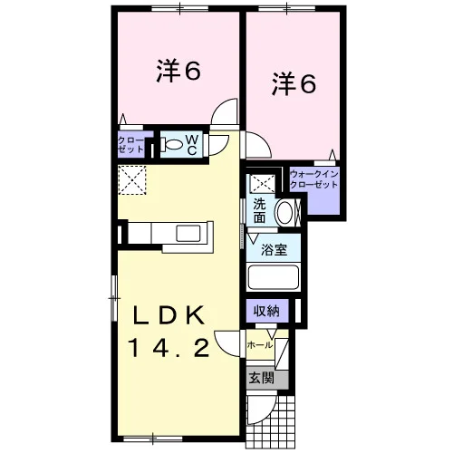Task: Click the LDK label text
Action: coord(169,315)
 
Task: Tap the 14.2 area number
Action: coord(169,347)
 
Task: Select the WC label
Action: coord(192,144)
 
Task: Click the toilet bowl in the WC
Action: coord(172,144)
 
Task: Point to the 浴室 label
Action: coord(274,249)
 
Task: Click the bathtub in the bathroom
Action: coord(274,277)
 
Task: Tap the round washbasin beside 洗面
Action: coord(284,212)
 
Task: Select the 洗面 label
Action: coord(259,210)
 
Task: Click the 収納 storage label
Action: coord(266,311)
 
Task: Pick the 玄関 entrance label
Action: coord(262,378)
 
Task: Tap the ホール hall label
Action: coord(260,345)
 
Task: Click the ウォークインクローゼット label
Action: coord(313,179)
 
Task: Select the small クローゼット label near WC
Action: coord(131,145)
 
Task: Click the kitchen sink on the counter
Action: coord(188,234)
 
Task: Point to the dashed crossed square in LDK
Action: coord(132,180)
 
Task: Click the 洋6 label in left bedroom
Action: coord(178,72)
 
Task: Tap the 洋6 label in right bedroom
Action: coord(294,84)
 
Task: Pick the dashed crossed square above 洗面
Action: coord(263,183)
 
